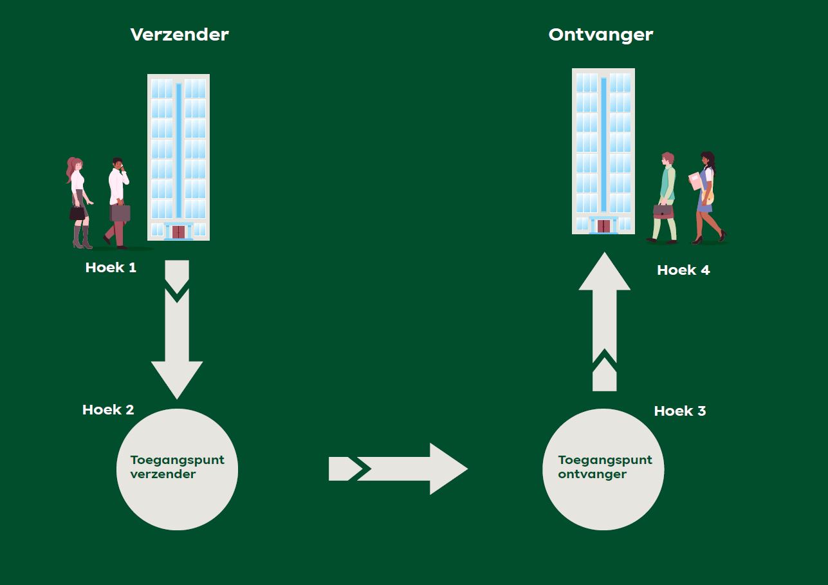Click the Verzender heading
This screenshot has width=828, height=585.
tap(179, 35)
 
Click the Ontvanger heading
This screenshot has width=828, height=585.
tap(601, 35)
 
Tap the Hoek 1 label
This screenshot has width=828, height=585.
tap(111, 267)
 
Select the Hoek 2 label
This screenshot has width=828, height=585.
tap(108, 409)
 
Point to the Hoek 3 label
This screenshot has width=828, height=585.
tap(680, 411)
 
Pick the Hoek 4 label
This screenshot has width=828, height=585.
tap(683, 270)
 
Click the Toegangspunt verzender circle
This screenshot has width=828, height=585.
tap(177, 469)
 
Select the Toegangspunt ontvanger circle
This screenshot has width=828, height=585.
tap(603, 469)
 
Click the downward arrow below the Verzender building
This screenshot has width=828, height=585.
tap(177, 329)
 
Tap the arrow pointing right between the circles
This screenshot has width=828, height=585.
tap(398, 469)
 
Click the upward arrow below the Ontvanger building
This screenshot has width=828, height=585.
tap(604, 322)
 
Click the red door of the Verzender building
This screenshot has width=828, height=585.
tap(179, 232)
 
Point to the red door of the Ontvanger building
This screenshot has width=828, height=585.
tap(603, 226)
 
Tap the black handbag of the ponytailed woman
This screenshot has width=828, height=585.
tap(77, 213)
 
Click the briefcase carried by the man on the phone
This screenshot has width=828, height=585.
tap(120, 212)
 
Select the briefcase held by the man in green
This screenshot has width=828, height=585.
tap(663, 212)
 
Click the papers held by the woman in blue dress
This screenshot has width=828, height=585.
tap(695, 180)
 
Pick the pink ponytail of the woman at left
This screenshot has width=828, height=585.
tap(71, 169)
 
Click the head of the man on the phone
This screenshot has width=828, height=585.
tap(118, 163)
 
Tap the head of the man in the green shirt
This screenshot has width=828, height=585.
tap(667, 158)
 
